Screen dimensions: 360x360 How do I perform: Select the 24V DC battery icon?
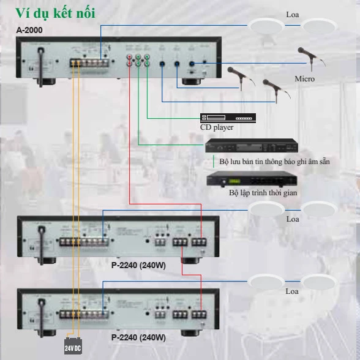(x=72, y=347)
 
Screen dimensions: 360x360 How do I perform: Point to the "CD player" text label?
(x=217, y=128)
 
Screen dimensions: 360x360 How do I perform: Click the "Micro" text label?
(x=304, y=79)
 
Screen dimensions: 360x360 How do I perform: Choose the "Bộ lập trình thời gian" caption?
(x=263, y=192)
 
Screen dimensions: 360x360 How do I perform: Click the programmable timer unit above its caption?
(x=251, y=179)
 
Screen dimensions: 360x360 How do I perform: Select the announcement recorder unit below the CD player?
(x=251, y=146)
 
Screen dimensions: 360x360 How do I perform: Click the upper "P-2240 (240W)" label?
(x=138, y=266)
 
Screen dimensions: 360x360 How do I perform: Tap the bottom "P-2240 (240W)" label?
(x=138, y=337)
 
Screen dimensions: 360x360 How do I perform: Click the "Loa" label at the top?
(x=293, y=14)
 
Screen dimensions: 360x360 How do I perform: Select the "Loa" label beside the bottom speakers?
(x=293, y=291)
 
